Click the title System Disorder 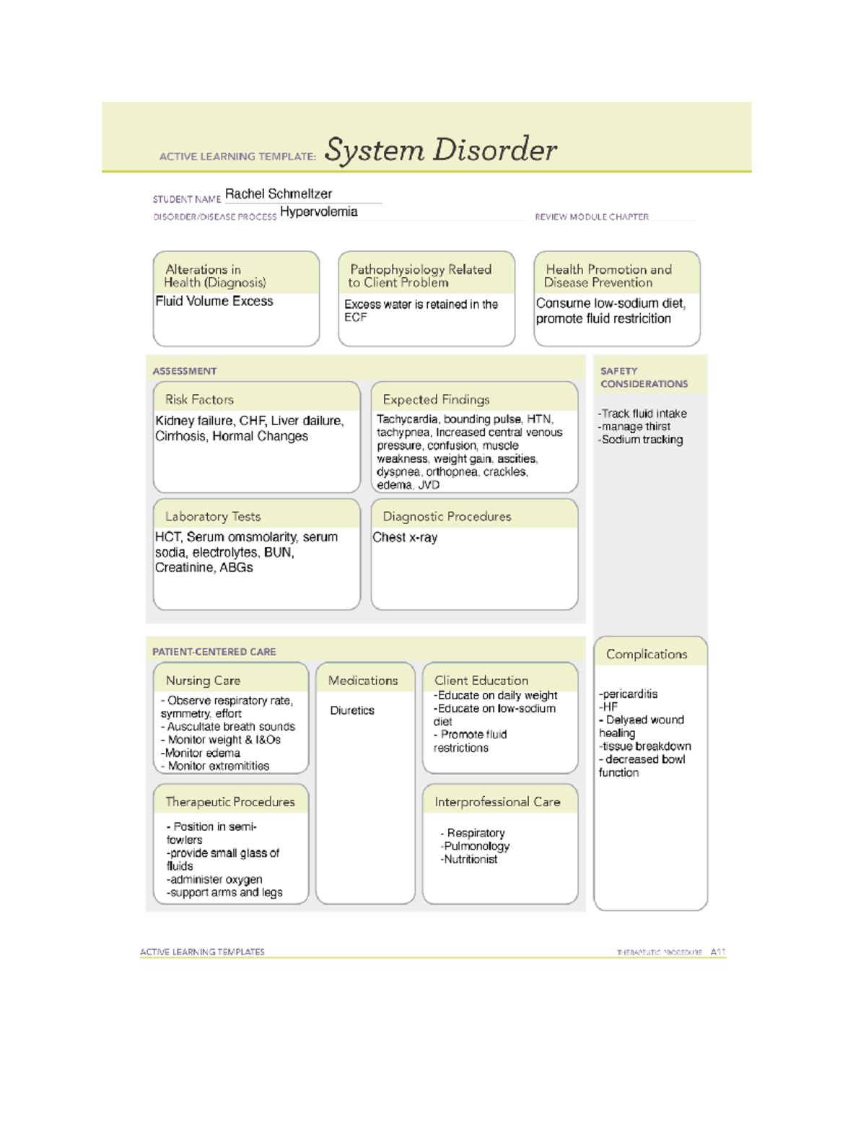[x=440, y=149]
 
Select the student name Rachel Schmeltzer [x=279, y=193]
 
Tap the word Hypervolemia [x=318, y=211]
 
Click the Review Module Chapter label [x=591, y=217]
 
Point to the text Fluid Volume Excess [x=214, y=301]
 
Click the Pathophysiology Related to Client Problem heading [x=421, y=276]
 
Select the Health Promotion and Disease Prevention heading [x=608, y=276]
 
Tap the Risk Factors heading [x=199, y=399]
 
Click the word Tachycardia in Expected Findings [x=407, y=419]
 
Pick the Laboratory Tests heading [x=213, y=516]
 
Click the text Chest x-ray [x=405, y=537]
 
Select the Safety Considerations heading [x=644, y=377]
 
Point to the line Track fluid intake [x=643, y=414]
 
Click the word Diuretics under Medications [x=352, y=710]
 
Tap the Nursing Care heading [x=203, y=680]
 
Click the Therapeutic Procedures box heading [x=229, y=801]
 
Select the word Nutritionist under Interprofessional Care [x=471, y=859]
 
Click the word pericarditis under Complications [x=629, y=694]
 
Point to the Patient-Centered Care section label [x=214, y=651]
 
